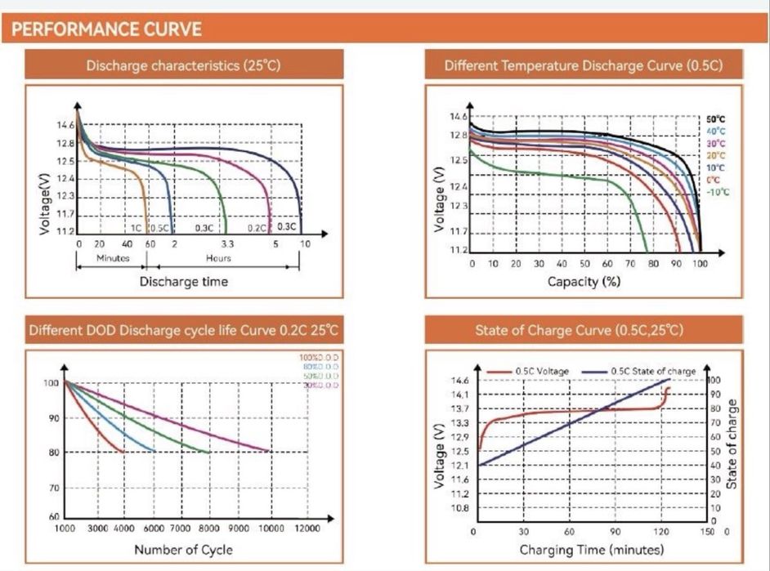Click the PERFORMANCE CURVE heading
(107, 30)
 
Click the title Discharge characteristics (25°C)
(183, 65)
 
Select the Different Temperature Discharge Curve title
(583, 65)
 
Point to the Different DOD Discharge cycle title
(183, 331)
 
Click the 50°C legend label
(716, 119)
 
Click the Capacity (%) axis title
(584, 282)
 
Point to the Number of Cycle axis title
(183, 549)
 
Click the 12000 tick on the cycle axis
(307, 529)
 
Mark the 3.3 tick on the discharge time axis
(226, 243)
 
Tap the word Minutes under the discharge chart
(113, 258)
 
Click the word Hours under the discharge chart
(218, 258)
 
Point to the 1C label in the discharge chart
(137, 227)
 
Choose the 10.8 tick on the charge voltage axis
(459, 508)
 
